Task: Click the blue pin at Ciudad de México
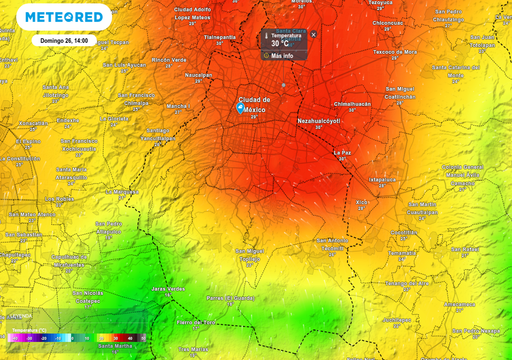tap(241, 108)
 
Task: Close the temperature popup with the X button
tap(313, 34)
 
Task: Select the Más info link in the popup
tap(281, 56)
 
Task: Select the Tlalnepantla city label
tap(220, 35)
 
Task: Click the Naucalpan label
tap(199, 74)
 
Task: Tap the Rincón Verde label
tap(169, 58)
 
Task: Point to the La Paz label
tap(343, 152)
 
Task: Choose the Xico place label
tap(362, 201)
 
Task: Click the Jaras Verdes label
tap(168, 288)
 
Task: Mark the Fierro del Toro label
tap(196, 322)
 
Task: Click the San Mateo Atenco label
tap(30, 213)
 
